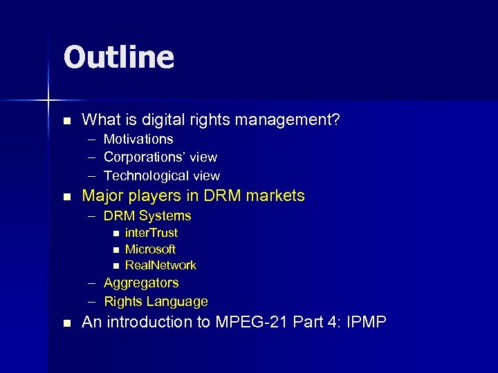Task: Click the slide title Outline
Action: point(118,57)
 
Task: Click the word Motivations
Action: point(138,140)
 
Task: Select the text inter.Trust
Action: point(151,233)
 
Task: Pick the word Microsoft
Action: point(150,249)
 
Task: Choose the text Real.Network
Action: point(160,265)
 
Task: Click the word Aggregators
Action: point(141,283)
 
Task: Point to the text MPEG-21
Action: point(250,323)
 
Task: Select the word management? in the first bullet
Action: point(286,120)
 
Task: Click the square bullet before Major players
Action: point(66,197)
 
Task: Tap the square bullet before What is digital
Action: point(66,121)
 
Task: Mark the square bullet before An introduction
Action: point(66,323)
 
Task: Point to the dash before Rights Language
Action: point(92,302)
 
